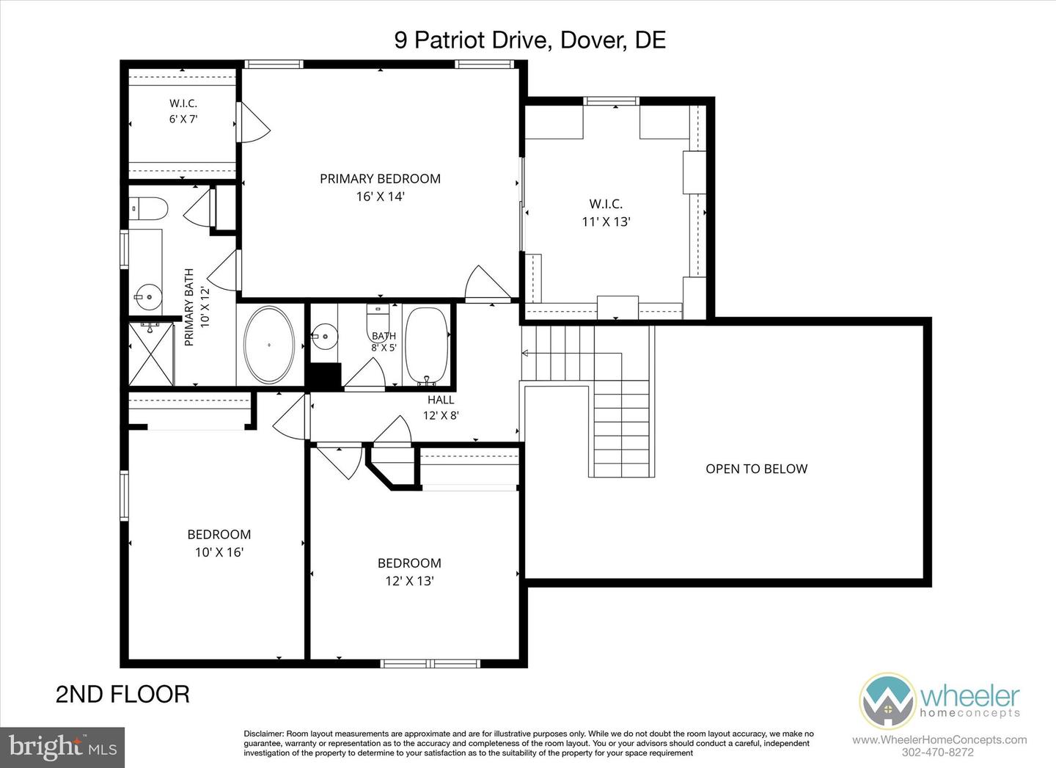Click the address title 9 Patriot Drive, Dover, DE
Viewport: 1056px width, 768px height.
tap(530, 40)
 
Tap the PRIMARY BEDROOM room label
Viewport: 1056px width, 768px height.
tap(380, 179)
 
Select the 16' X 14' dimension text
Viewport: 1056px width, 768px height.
tap(381, 196)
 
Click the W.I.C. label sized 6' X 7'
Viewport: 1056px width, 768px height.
tap(183, 103)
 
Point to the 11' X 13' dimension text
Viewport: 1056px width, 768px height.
tap(606, 222)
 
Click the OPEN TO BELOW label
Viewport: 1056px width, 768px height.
tap(756, 469)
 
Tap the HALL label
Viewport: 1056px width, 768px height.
tap(441, 400)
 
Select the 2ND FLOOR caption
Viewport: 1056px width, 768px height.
tap(122, 695)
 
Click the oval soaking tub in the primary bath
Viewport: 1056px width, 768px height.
tap(269, 345)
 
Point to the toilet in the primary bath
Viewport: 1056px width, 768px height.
tap(148, 208)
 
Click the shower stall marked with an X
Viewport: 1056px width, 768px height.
tap(151, 354)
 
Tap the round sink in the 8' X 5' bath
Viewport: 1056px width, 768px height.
tap(324, 336)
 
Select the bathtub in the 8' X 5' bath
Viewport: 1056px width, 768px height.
tap(427, 345)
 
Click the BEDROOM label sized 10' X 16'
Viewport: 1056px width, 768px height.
tap(219, 534)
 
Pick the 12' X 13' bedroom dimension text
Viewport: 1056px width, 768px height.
tap(409, 581)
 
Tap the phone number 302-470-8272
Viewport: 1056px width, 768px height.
tap(938, 753)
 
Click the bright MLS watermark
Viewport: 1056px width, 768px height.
tap(63, 747)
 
